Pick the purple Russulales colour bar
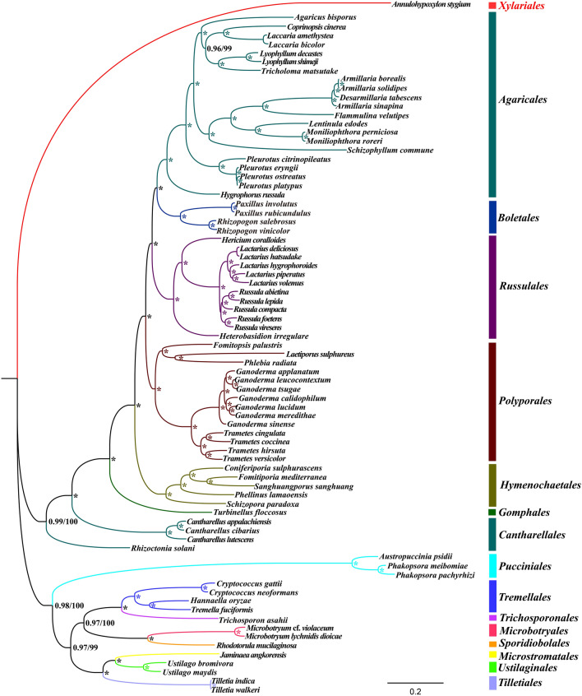click(491, 287)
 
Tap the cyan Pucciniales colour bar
click(491, 565)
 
